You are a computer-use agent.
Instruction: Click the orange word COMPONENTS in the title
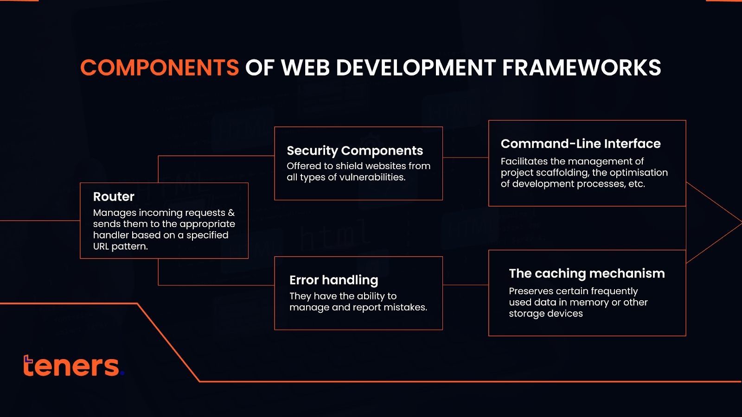tap(160, 68)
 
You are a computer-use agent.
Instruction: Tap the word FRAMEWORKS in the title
tap(582, 68)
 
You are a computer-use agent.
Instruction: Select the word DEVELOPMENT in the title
tap(416, 68)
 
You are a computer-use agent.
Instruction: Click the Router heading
tap(114, 196)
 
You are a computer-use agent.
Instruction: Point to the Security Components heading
tap(355, 151)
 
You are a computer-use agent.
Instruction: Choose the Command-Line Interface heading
tap(581, 144)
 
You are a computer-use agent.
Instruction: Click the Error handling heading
tap(333, 280)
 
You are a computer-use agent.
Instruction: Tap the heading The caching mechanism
tap(587, 273)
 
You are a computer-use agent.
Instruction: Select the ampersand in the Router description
tap(231, 213)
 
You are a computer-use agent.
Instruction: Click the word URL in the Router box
tap(101, 246)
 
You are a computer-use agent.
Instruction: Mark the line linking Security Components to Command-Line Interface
tap(466, 158)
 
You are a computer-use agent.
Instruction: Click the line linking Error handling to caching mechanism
tap(466, 285)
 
